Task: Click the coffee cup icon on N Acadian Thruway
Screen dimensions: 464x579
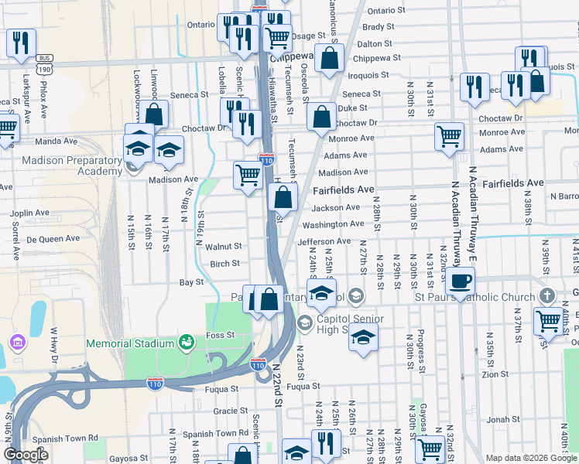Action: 460,281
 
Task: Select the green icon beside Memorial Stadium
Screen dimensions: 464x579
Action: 185,342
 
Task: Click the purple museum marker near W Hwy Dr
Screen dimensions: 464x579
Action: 16,342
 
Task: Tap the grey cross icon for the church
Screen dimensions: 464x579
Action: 546,295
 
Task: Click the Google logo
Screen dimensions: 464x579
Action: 26,454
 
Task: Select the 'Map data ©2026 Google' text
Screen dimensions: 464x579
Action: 532,458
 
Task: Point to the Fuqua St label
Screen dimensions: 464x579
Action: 302,385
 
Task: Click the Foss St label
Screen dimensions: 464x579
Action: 220,335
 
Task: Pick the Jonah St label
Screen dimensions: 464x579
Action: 503,419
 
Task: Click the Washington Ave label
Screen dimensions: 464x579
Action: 333,224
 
